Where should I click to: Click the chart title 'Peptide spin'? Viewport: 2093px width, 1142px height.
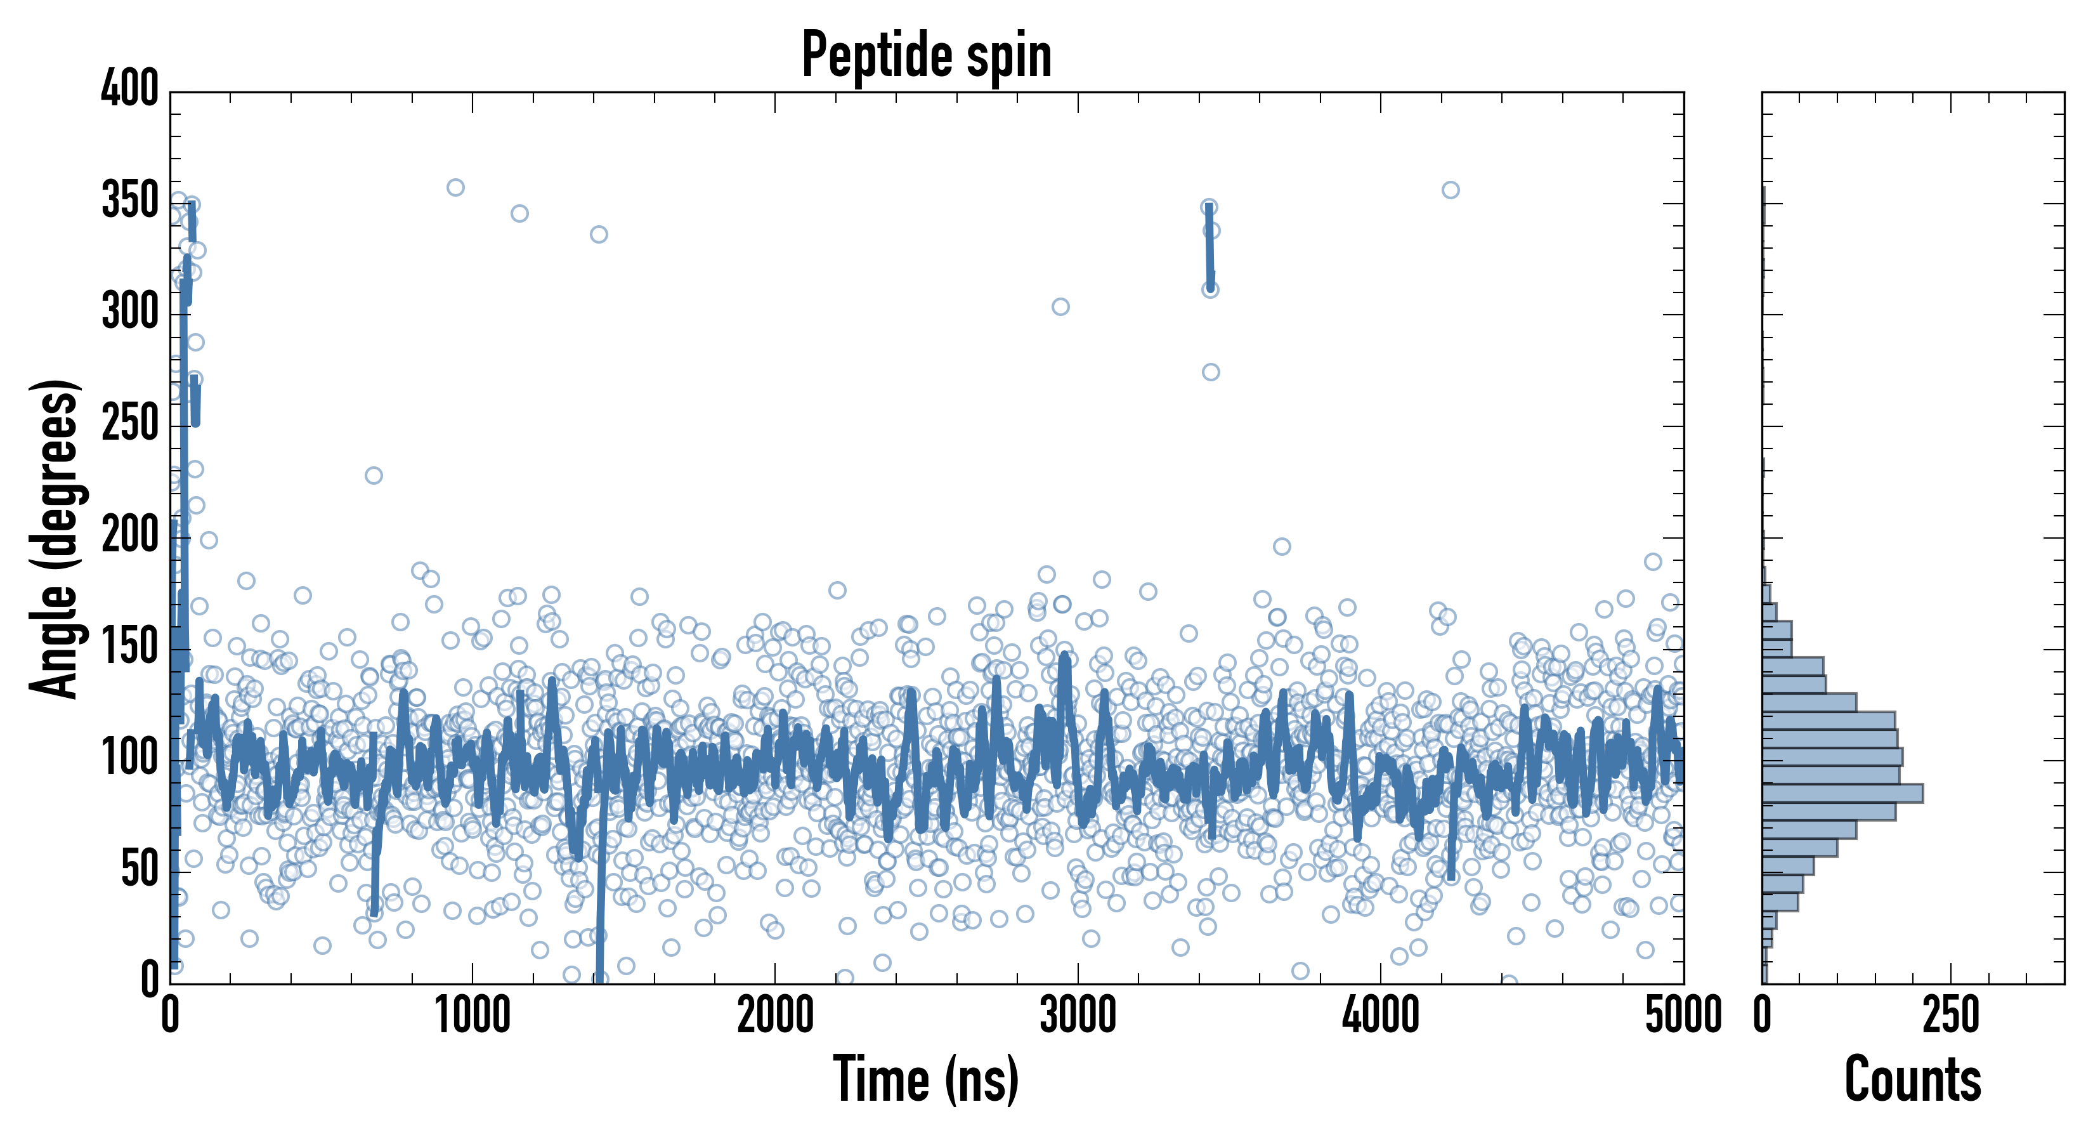click(x=926, y=55)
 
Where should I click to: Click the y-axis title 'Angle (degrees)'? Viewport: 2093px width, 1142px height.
click(x=55, y=538)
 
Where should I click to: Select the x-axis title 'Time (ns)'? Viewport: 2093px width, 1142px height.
click(x=926, y=1079)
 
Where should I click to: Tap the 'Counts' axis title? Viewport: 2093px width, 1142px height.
click(x=1913, y=1079)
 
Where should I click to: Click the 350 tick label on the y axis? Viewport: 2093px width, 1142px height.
click(x=130, y=200)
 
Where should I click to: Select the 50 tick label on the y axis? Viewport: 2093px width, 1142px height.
click(x=140, y=870)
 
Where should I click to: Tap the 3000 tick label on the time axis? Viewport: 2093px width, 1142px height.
click(x=1078, y=1016)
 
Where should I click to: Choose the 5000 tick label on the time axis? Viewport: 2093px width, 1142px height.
click(x=1683, y=1016)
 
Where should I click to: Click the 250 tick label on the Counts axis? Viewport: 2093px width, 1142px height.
click(x=1951, y=1016)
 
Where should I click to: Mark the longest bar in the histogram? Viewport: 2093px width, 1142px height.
click(x=1842, y=793)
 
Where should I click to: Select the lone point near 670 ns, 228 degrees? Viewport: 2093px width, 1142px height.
click(x=374, y=475)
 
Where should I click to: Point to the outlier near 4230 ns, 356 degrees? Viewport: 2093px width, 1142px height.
click(x=1451, y=190)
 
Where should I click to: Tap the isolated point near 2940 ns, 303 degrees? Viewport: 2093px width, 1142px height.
click(x=1060, y=306)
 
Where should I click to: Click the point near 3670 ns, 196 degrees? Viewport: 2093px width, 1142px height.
click(x=1281, y=546)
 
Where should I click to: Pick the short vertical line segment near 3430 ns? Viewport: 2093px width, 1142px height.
click(x=1210, y=246)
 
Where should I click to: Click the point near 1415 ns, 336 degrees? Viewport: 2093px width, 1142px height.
click(x=599, y=235)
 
